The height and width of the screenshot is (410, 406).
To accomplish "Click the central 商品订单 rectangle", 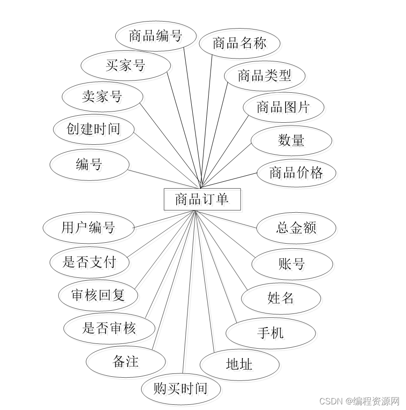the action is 202,200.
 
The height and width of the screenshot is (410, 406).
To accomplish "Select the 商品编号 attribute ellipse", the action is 155,36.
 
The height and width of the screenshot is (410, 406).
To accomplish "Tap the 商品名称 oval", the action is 240,44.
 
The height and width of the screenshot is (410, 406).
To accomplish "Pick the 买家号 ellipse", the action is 125,66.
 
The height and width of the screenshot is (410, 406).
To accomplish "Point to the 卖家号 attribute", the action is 102,97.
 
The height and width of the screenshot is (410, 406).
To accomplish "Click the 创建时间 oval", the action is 94,128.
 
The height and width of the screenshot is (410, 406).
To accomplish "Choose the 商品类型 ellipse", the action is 264,75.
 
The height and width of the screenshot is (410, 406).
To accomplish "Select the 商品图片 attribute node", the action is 283,107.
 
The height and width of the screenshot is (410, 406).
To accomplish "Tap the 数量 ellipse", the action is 291,140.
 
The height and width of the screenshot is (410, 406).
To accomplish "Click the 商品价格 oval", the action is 296,172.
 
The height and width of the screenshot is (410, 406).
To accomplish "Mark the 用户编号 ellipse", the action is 88,228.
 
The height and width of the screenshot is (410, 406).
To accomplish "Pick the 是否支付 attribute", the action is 89,261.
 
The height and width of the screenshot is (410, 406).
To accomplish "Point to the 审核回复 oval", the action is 98,295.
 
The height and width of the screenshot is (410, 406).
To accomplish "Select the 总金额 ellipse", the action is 296,228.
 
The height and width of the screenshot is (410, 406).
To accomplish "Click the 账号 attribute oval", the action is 292,264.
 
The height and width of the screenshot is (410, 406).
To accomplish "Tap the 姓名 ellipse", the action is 281,298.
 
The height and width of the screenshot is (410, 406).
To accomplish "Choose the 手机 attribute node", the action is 271,333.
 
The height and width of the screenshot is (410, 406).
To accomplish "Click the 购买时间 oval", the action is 180,388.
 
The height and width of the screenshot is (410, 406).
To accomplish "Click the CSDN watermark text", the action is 359,401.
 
